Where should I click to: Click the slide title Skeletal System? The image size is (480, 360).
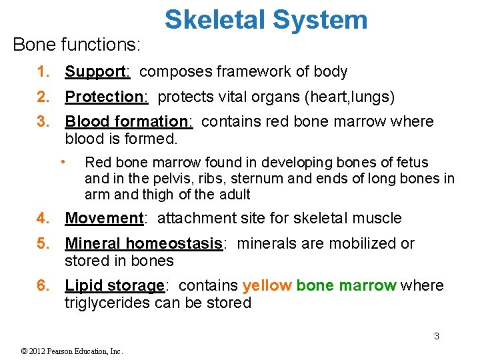(266, 20)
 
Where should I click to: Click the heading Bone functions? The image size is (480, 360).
(77, 45)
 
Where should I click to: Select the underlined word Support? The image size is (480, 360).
(95, 72)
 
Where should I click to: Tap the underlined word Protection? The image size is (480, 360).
(104, 97)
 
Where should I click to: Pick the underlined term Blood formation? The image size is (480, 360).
(127, 122)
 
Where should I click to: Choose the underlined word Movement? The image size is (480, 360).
(104, 219)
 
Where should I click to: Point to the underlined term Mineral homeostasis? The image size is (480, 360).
(143, 244)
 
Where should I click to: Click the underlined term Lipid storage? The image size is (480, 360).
(114, 286)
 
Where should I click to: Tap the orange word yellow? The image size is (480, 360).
(267, 286)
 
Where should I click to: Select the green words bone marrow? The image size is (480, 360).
(346, 286)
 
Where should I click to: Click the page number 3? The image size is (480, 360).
(437, 337)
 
